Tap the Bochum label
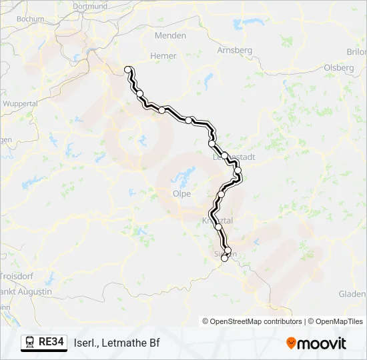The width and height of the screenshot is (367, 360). (30, 19)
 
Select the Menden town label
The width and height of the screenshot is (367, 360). (170, 35)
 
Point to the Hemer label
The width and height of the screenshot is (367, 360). (162, 57)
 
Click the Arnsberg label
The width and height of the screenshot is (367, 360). (235, 50)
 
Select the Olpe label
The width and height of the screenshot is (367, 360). (181, 194)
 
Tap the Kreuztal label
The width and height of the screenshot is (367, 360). (216, 220)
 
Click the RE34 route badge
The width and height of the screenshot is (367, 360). (45, 343)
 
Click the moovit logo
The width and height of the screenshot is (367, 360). (316, 343)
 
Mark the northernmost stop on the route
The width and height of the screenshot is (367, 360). (127, 69)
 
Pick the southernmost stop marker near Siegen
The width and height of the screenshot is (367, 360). (225, 259)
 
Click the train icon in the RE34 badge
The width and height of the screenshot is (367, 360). (30, 343)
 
